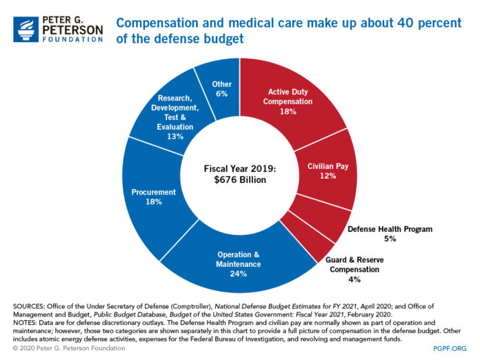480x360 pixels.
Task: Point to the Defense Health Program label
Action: click(390, 228)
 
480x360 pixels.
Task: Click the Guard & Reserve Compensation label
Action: click(354, 265)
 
